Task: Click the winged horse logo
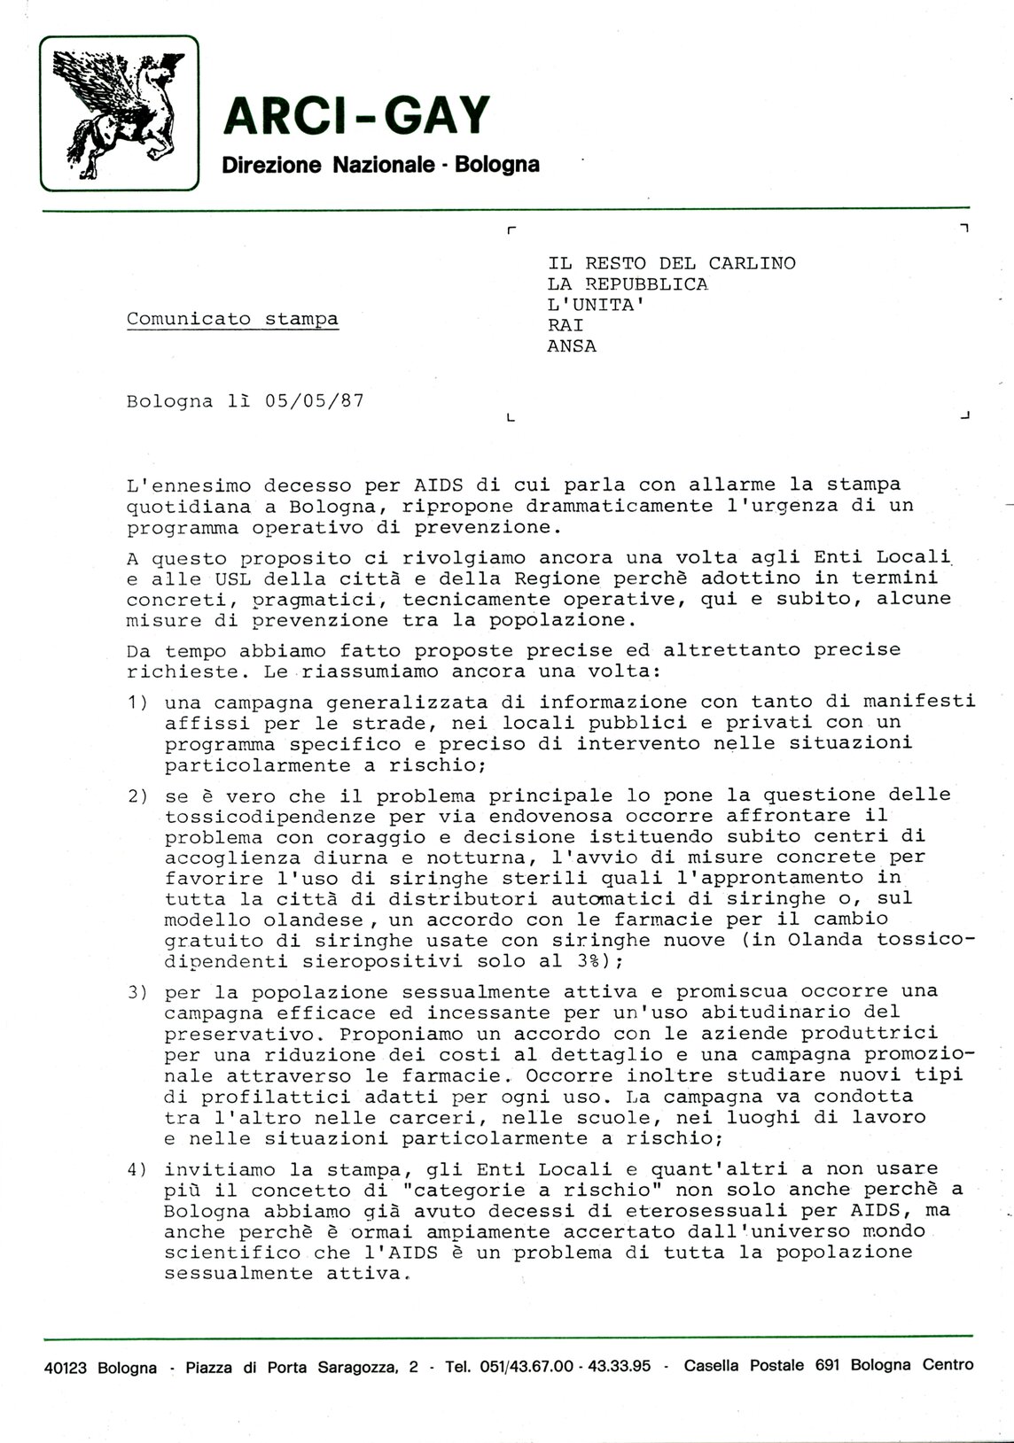(x=120, y=112)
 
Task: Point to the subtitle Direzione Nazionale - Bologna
(x=380, y=165)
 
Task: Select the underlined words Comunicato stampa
(x=232, y=319)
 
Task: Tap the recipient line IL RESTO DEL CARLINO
(x=672, y=263)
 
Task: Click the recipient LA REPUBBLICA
(x=628, y=283)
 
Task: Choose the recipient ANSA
(x=572, y=346)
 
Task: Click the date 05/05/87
(x=314, y=400)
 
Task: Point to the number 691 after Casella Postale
(x=828, y=1391)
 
